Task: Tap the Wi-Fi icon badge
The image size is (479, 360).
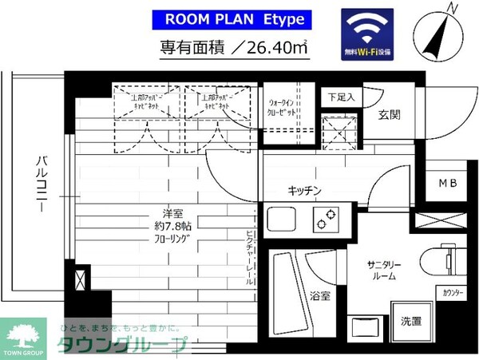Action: pos(366,32)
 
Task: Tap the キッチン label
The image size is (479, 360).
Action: pos(304,190)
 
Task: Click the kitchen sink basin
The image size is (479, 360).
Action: pos(282,217)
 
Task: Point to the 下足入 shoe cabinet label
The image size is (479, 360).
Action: pos(341,97)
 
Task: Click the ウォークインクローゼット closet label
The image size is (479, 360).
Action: pos(282,106)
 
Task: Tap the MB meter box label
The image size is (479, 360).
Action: pos(447,184)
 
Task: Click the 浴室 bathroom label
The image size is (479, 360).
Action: pos(320,295)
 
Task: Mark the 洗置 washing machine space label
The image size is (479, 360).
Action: pos(411,321)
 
